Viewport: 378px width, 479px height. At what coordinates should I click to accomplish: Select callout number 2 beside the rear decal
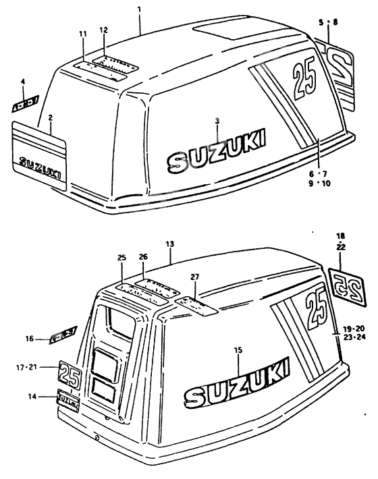[49, 117]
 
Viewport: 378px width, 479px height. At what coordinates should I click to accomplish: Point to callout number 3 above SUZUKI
[217, 120]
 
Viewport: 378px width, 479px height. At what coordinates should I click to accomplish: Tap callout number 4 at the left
[23, 82]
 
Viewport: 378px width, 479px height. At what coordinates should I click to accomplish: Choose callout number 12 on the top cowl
[103, 30]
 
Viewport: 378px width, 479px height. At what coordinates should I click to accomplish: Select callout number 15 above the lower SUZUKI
[237, 350]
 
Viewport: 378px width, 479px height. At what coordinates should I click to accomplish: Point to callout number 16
[29, 338]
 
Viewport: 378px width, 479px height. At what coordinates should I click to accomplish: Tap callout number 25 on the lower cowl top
[122, 258]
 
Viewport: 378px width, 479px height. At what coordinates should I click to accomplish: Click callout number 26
[142, 256]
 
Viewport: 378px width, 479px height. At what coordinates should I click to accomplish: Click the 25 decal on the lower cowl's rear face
[70, 374]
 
